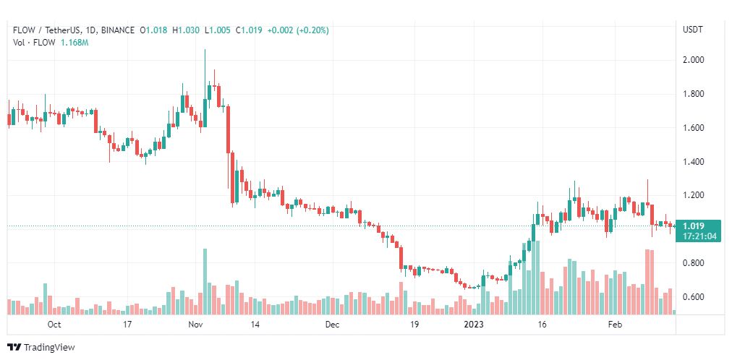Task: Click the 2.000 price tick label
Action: tap(694, 60)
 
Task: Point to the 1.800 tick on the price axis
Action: tap(694, 94)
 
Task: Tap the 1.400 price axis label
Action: tap(694, 162)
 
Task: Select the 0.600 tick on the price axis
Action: tap(694, 297)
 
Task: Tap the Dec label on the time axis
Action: tap(332, 325)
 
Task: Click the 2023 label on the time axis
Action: tap(475, 325)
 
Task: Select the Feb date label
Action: tap(614, 325)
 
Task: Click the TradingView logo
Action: tap(41, 347)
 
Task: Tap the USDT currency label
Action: tap(693, 30)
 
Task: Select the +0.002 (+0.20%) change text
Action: tap(298, 30)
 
